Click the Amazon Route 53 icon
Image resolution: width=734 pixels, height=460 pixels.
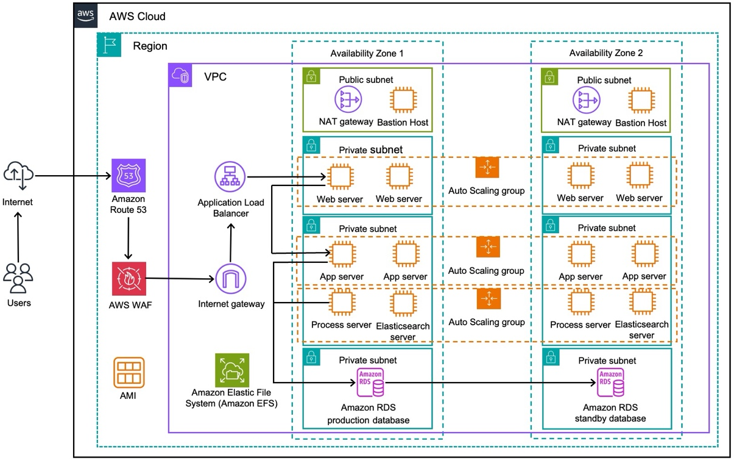[129, 176]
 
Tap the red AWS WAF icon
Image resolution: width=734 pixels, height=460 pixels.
[129, 279]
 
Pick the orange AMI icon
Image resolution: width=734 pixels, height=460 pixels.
[129, 373]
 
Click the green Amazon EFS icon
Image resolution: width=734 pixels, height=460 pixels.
[232, 370]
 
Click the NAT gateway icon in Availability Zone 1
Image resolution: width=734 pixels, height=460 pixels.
[348, 99]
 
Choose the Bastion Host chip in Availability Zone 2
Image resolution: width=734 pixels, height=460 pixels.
[640, 100]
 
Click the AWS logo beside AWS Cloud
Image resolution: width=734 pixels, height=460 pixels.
[86, 15]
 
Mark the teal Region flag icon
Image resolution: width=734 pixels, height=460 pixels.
[109, 46]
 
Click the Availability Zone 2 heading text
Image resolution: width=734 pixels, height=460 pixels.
[606, 53]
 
